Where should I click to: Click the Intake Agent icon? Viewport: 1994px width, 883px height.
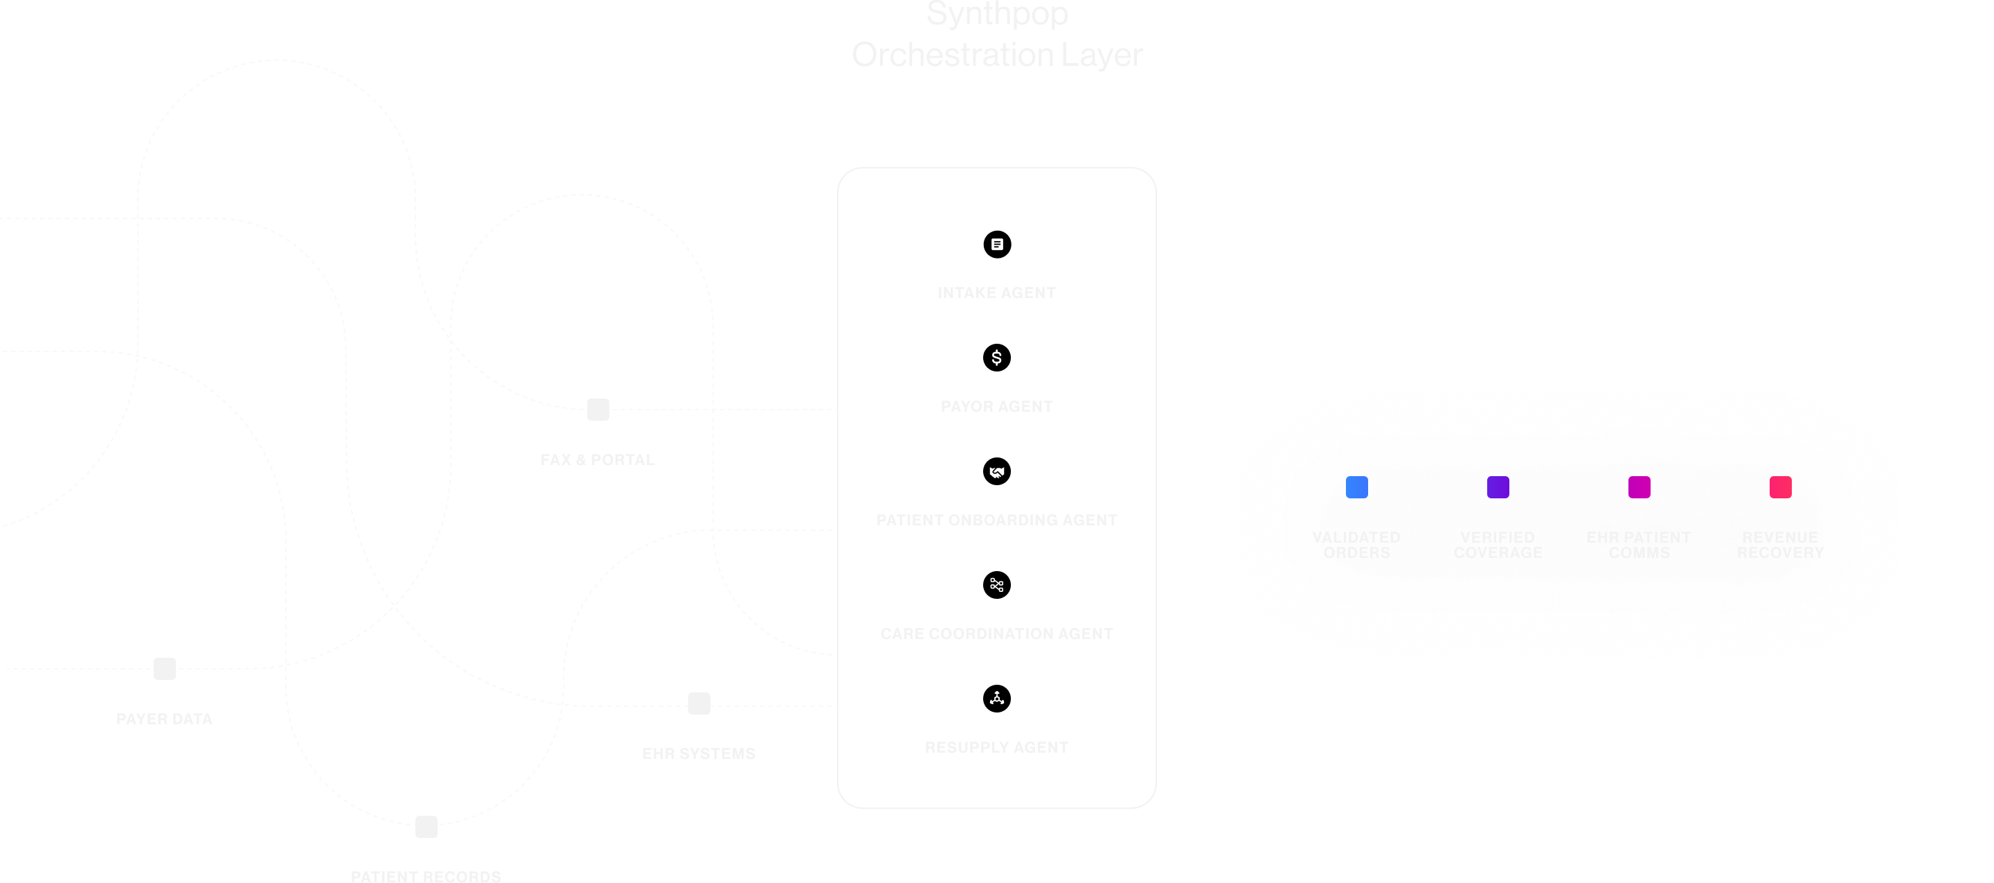click(996, 244)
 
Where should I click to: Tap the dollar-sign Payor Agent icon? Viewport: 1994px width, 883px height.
click(996, 358)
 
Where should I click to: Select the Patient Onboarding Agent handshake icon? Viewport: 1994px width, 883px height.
click(996, 471)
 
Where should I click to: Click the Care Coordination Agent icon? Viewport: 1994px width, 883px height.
click(996, 585)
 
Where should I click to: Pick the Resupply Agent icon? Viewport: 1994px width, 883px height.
click(996, 699)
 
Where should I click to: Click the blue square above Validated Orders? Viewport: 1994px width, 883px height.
click(1356, 487)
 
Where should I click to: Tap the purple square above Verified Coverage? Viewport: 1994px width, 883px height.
click(1498, 487)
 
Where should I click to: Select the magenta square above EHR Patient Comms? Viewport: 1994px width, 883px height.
click(1639, 487)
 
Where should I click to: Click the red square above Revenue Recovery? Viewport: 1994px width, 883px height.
click(1780, 487)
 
